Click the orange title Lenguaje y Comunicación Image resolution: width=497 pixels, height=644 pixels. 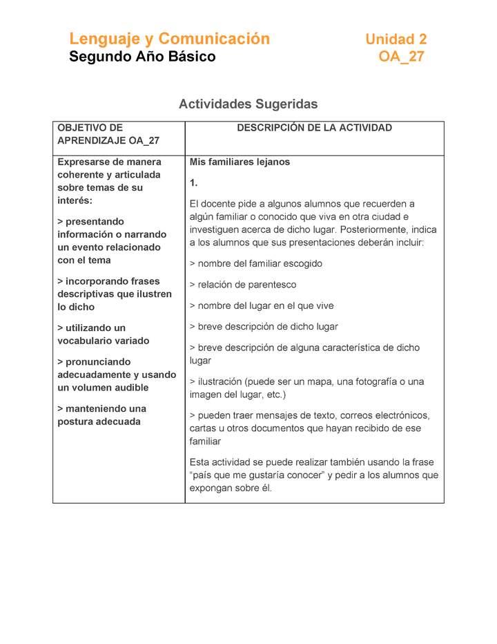pyautogui.click(x=169, y=39)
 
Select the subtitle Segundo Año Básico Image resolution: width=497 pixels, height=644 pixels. pyautogui.click(x=142, y=57)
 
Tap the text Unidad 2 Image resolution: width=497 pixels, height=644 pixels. pyautogui.click(x=396, y=39)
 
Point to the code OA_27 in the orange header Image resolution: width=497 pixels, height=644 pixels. pyautogui.click(x=401, y=57)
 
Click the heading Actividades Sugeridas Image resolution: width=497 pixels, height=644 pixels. pyautogui.click(x=248, y=104)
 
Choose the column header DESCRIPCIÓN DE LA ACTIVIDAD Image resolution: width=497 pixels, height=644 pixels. pyautogui.click(x=314, y=128)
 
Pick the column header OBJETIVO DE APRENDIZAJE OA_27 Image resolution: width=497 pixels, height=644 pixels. pyautogui.click(x=108, y=134)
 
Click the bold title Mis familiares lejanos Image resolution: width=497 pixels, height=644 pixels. pyautogui.click(x=240, y=162)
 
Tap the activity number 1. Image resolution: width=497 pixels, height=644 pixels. pyautogui.click(x=194, y=183)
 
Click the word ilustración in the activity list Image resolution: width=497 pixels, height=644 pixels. pyautogui.click(x=220, y=381)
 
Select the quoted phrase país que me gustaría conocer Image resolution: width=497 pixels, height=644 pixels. pyautogui.click(x=262, y=475)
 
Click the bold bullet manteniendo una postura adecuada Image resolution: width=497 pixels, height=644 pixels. pyautogui.click(x=101, y=415)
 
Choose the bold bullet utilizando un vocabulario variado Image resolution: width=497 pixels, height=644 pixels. pyautogui.click(x=103, y=334)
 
